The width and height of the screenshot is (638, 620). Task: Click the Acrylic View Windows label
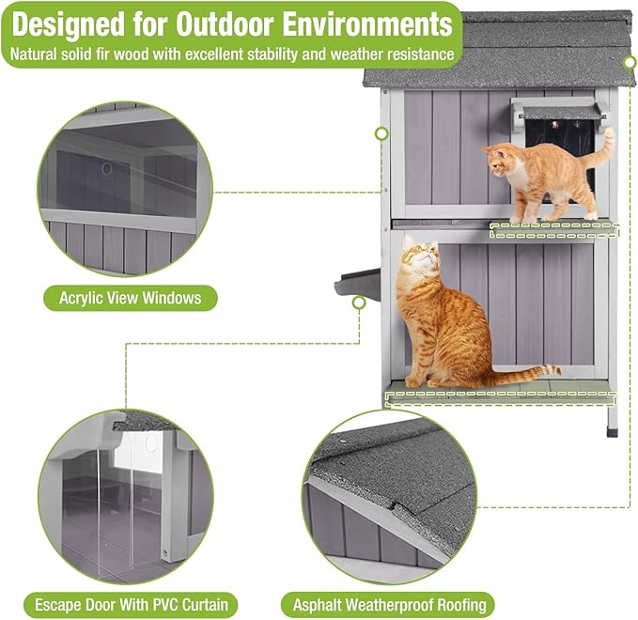(131, 299)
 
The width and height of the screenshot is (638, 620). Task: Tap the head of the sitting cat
(419, 257)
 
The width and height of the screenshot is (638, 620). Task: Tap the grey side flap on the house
(357, 281)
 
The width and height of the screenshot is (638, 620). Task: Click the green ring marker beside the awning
(381, 133)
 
